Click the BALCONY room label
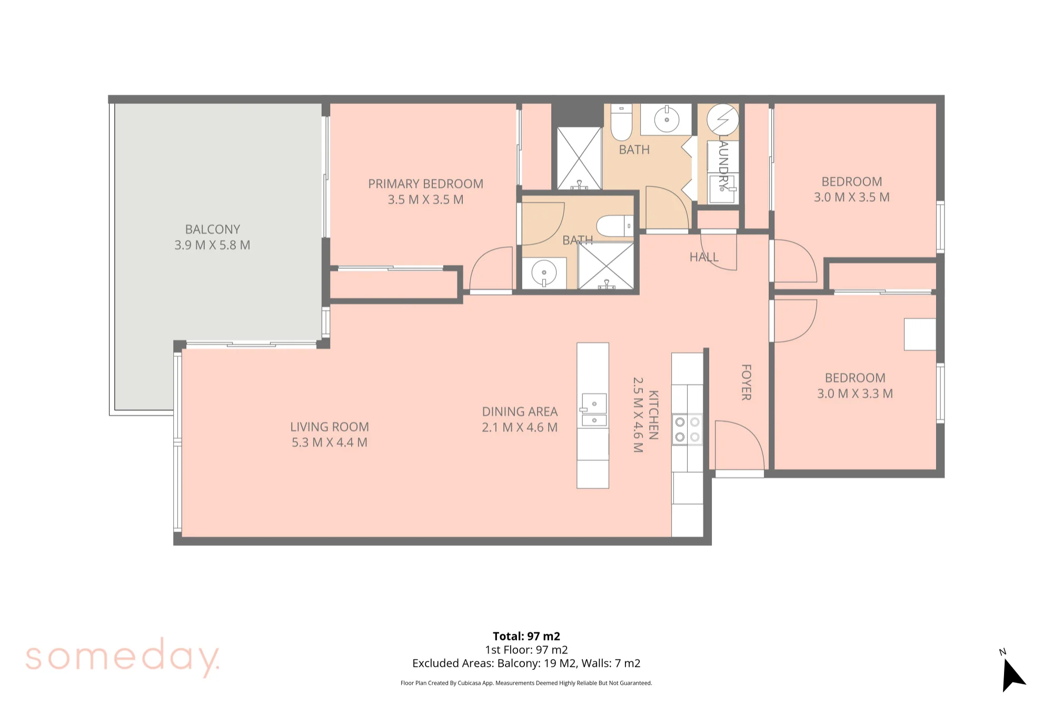pos(213,229)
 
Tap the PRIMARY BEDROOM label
pos(425,184)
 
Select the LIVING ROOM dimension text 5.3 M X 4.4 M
pos(330,443)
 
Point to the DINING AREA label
pos(520,412)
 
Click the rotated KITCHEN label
pos(653,415)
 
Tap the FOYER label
pos(746,382)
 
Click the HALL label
pos(704,257)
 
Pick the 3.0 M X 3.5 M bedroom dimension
pos(851,197)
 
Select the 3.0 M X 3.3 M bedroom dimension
pos(855,394)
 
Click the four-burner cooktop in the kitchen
pos(687,429)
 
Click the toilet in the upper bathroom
pos(621,122)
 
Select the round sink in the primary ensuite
pos(544,273)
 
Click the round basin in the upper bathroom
pos(667,119)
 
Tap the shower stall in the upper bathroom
pos(579,158)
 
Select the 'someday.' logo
pos(123,657)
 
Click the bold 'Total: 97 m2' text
pos(526,636)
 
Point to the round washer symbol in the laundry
pos(722,119)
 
